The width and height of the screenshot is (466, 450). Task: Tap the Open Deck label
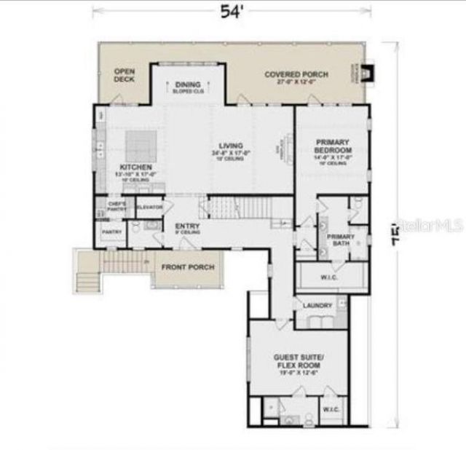tap(125, 75)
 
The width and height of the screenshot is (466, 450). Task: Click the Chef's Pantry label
tap(117, 205)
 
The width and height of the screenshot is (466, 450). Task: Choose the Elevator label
tap(149, 207)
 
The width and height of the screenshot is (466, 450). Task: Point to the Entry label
tap(187, 227)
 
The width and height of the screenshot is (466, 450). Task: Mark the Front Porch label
tap(188, 267)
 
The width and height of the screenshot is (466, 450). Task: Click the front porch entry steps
tap(87, 280)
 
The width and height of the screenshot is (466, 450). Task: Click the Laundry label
tap(318, 305)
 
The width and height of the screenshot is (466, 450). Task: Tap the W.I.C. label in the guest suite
tap(332, 408)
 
